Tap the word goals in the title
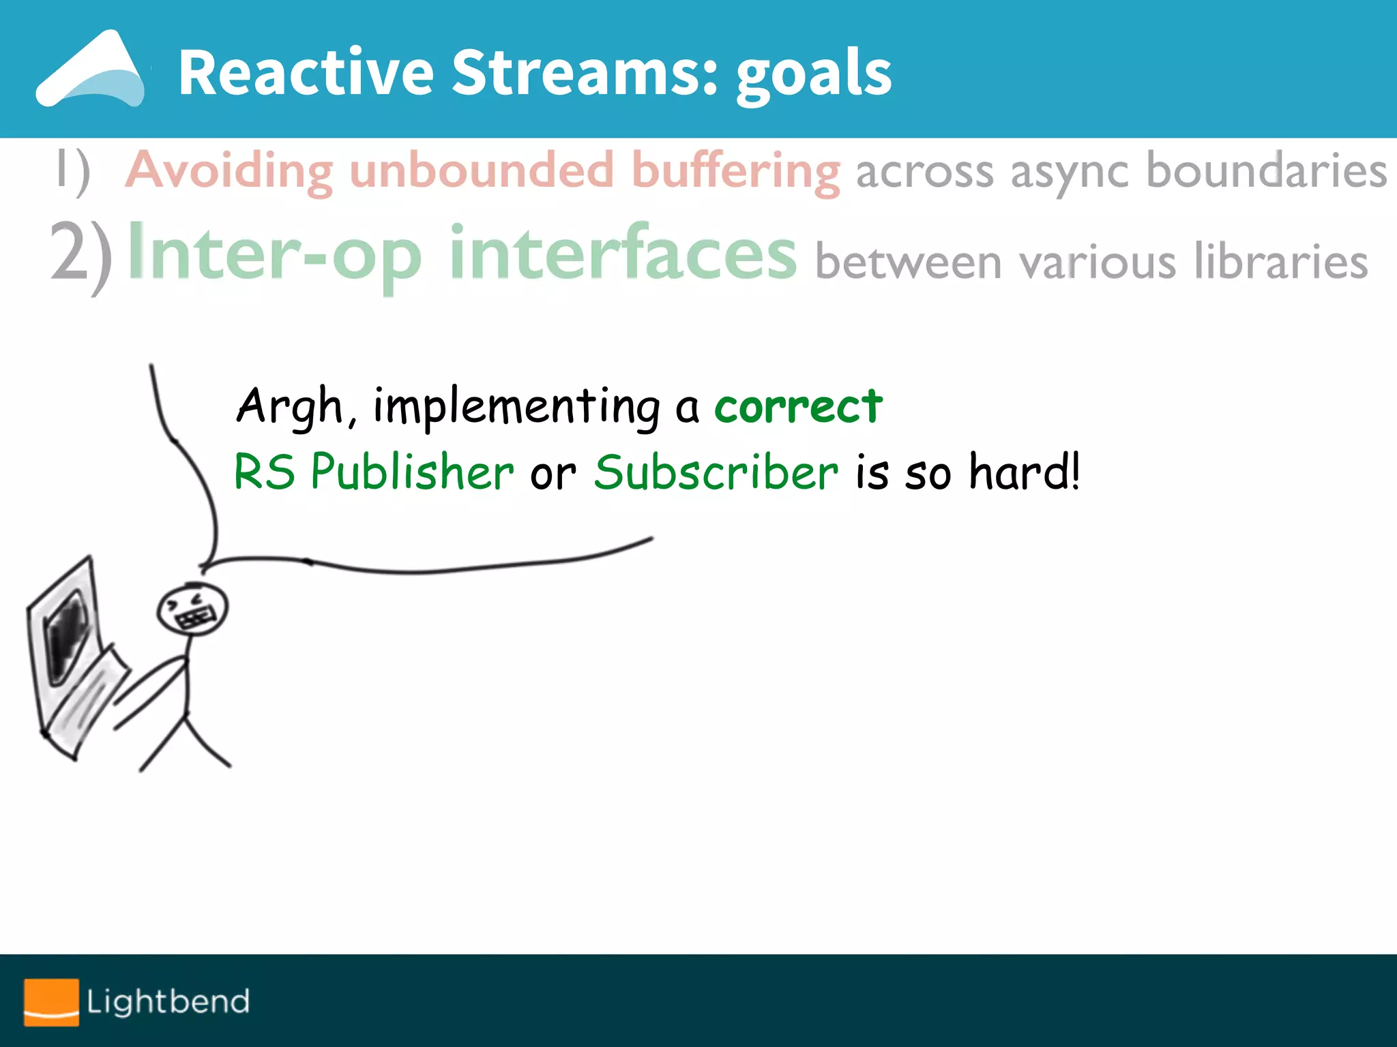pyautogui.click(x=813, y=75)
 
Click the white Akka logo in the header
pyautogui.click(x=91, y=71)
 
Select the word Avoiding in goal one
pyautogui.click(x=230, y=170)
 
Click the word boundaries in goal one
pyautogui.click(x=1266, y=170)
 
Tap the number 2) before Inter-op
pyautogui.click(x=81, y=256)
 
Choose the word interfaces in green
pyautogui.click(x=622, y=254)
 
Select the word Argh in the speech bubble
pyautogui.click(x=289, y=406)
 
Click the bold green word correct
pyautogui.click(x=798, y=406)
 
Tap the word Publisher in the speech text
pyautogui.click(x=412, y=472)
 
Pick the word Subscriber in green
pyautogui.click(x=716, y=472)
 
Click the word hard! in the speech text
pyautogui.click(x=1025, y=472)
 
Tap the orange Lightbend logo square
pyautogui.click(x=51, y=1001)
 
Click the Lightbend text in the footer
pyautogui.click(x=168, y=1001)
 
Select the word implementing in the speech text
pyautogui.click(x=516, y=406)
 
